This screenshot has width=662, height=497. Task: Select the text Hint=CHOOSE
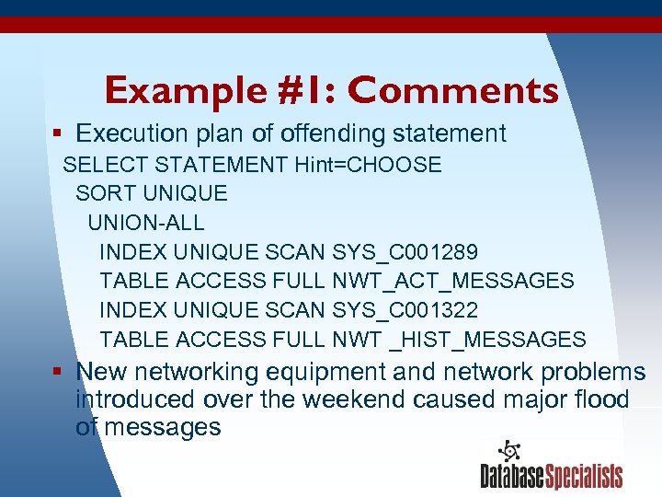368,165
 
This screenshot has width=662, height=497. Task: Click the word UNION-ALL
146,222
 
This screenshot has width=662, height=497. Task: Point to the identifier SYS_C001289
405,251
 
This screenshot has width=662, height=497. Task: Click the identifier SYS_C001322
405,310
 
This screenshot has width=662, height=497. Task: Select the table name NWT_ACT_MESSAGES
453,281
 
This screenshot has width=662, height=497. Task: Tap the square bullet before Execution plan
58,134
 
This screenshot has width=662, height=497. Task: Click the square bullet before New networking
58,373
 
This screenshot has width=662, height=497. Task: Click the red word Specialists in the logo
584,476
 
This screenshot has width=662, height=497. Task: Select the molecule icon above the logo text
509,451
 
